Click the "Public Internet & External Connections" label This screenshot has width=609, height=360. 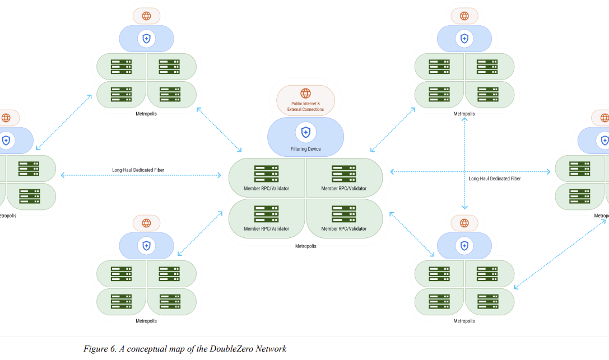tap(305, 106)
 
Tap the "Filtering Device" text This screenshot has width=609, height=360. tap(306, 149)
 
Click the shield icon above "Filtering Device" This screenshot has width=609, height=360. tap(306, 132)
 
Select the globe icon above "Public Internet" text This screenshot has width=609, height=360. tap(306, 93)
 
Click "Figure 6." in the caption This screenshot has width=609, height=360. tap(100, 349)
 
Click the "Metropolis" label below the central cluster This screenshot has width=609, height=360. tap(306, 246)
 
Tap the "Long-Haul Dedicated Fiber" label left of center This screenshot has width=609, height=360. tap(138, 170)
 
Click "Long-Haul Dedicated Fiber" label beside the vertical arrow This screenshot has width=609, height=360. tap(494, 179)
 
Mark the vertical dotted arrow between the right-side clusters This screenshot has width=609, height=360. tap(464, 163)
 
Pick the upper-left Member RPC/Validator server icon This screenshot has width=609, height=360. tap(267, 174)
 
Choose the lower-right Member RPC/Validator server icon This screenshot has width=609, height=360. tap(344, 214)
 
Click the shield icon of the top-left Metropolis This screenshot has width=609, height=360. tap(146, 39)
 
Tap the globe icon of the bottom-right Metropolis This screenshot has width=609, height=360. tap(464, 223)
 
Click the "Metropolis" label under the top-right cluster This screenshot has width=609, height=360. tap(464, 114)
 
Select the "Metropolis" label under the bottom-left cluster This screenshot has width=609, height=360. tap(146, 321)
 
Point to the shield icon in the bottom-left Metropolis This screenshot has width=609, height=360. tap(146, 246)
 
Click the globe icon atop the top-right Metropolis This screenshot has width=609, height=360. tap(464, 16)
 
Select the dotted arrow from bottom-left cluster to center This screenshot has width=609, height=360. tap(199, 233)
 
